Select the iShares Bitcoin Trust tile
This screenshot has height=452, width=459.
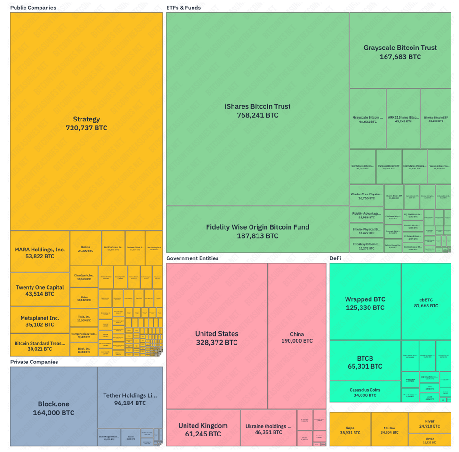click(258, 110)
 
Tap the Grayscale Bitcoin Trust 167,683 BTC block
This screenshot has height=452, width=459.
click(400, 51)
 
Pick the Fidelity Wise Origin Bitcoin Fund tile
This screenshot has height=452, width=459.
click(258, 231)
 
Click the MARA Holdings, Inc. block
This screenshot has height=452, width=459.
click(40, 252)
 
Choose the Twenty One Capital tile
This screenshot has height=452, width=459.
click(40, 290)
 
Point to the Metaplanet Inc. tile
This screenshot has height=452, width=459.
click(40, 321)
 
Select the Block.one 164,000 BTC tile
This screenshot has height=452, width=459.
click(54, 408)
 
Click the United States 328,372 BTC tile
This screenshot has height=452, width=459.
click(217, 337)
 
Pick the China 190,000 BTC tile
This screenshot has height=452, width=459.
click(297, 337)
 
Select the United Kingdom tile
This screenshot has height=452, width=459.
click(203, 428)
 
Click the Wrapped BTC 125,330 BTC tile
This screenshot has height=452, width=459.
click(365, 303)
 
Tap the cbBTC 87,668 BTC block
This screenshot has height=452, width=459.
click(426, 302)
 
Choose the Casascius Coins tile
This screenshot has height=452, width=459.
click(365, 392)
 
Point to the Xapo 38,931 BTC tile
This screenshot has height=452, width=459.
click(350, 429)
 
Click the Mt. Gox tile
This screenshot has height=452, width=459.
click(389, 429)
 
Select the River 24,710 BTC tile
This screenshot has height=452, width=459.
click(429, 423)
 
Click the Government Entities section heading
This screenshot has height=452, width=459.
click(192, 258)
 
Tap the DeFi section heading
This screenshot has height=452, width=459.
click(335, 258)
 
